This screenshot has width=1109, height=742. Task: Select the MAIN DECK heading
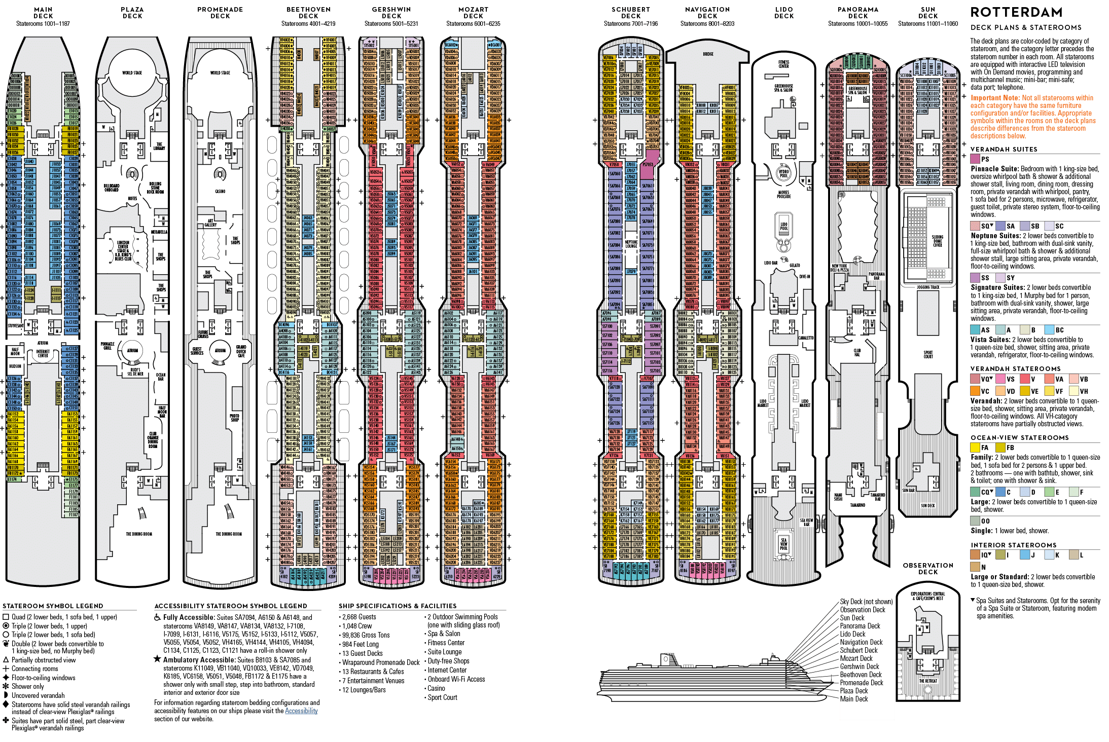pos(43,13)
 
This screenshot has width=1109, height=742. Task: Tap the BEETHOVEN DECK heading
pos(308,13)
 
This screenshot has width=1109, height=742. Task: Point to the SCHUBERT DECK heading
pos(631,13)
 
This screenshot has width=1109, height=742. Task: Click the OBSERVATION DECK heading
pos(928,569)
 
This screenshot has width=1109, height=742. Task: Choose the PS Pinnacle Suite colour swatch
pos(975,159)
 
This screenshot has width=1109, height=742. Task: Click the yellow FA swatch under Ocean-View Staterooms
pos(975,448)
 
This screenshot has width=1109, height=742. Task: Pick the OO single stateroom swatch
pos(975,521)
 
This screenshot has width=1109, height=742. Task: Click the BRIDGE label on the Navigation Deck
pos(708,54)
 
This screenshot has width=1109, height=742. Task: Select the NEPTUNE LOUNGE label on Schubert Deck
pos(631,244)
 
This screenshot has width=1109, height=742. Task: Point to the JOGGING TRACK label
pos(928,287)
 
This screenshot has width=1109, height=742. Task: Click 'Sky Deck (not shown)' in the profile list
pos(866,602)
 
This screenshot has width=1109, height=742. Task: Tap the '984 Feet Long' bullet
pos(360,644)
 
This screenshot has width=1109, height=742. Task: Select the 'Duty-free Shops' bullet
pos(448,661)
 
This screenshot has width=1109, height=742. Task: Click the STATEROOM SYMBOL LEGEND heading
pos(53,606)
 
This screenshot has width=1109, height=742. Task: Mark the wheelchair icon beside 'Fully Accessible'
pos(158,617)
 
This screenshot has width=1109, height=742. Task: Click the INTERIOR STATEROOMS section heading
pos(1013,545)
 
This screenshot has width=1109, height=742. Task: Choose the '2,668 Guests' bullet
pos(359,617)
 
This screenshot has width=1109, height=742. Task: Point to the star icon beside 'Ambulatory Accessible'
pos(157,659)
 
